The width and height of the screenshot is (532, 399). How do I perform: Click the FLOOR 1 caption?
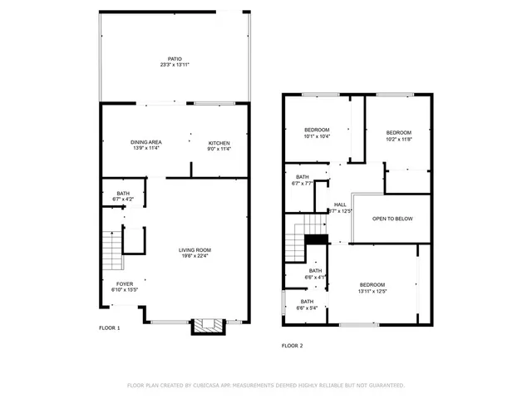pos(110,328)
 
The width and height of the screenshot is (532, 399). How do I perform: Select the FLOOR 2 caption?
pos(293,345)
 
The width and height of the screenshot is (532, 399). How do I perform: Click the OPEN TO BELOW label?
pos(392,219)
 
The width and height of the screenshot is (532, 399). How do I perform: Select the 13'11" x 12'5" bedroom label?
pos(372,287)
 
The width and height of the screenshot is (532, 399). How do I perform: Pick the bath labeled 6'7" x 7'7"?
pos(302,180)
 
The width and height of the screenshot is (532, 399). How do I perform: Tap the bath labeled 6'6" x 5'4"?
pos(307,304)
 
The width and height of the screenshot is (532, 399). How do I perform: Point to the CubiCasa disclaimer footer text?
pos(266,385)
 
